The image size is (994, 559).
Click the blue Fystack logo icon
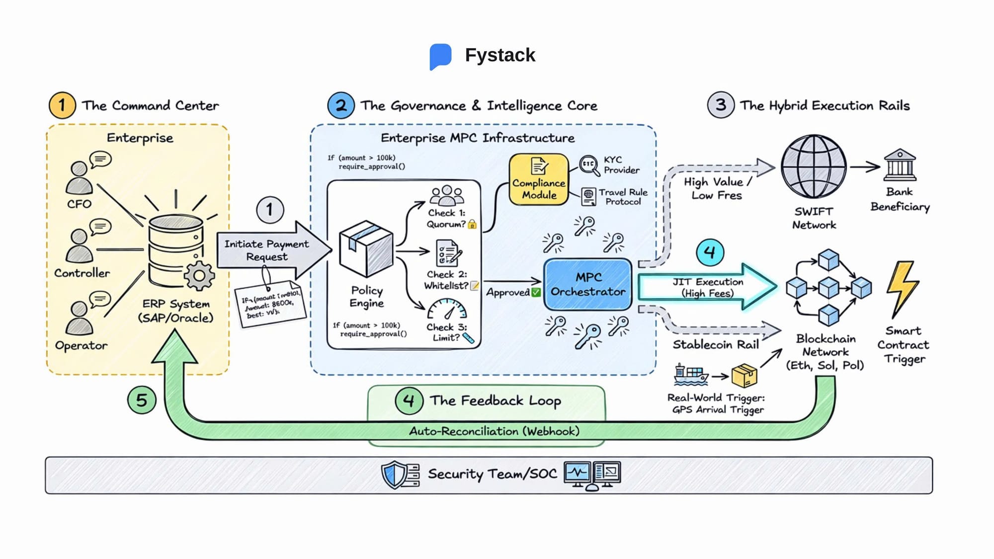point(440,56)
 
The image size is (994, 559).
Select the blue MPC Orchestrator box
point(587,284)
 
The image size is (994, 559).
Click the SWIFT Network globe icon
point(814,166)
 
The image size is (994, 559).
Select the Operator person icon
point(79,318)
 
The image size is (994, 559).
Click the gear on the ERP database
point(199,276)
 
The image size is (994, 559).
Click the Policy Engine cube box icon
point(366,248)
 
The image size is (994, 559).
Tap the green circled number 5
point(142,400)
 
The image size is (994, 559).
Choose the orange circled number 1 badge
point(62,105)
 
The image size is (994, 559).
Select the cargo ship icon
point(690,375)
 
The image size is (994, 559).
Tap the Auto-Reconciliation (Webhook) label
point(494,431)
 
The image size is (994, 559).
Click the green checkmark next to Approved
point(536,292)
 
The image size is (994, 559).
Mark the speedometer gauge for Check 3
point(447,309)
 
